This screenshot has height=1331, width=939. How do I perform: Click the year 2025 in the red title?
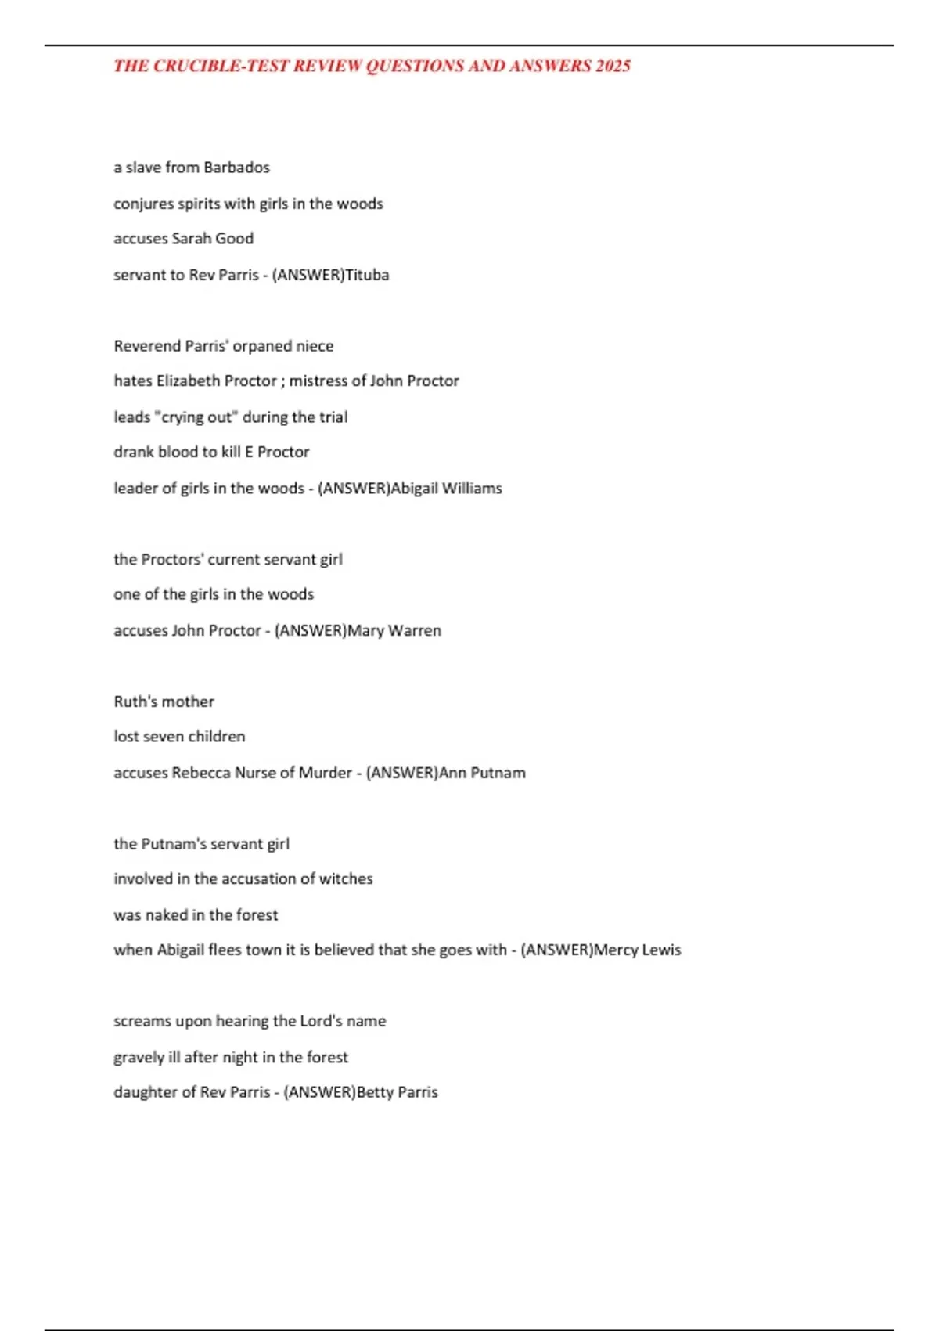(x=613, y=66)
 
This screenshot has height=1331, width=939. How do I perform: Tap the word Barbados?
(x=236, y=168)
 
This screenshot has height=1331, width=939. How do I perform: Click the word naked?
(x=166, y=915)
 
